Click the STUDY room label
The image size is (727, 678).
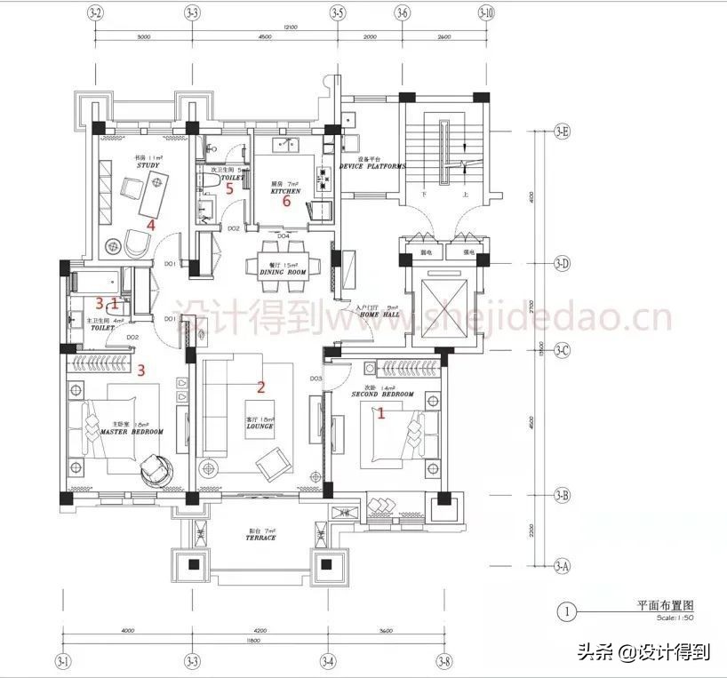tap(148, 166)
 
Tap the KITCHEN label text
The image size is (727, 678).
tap(285, 191)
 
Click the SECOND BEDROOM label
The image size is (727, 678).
tap(382, 394)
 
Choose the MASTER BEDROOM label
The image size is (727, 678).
tap(132, 432)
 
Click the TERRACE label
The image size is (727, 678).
tap(261, 538)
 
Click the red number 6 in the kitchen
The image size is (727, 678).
tap(286, 202)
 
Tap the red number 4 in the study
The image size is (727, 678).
tap(151, 225)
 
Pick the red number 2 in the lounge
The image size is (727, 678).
tap(261, 387)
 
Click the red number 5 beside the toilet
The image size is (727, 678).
tap(228, 188)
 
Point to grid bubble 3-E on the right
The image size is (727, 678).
tap(562, 132)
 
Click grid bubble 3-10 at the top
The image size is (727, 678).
tap(486, 13)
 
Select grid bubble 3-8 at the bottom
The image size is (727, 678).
tap(443, 661)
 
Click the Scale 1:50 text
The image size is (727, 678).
tap(675, 618)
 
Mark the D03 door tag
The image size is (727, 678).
tap(316, 379)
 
